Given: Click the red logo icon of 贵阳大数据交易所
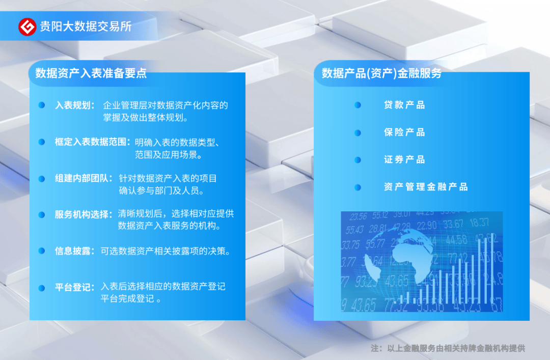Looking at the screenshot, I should (x=28, y=26).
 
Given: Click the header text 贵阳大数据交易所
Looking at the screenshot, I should (x=86, y=26).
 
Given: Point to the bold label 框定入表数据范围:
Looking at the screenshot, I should (x=93, y=142).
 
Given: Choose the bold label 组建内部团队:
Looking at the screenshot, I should (x=84, y=179).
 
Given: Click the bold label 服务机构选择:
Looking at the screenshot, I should (x=84, y=214).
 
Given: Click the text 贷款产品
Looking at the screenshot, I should (x=404, y=105).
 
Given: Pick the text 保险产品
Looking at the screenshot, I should (x=404, y=132).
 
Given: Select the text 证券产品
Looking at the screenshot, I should (x=404, y=159).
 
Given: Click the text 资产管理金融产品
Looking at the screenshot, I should (x=426, y=187).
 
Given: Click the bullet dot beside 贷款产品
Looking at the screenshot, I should (x=358, y=105).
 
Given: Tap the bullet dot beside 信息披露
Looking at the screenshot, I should (x=41, y=251).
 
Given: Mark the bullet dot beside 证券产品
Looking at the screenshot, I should (x=358, y=160).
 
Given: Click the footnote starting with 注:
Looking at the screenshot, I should (x=448, y=349).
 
